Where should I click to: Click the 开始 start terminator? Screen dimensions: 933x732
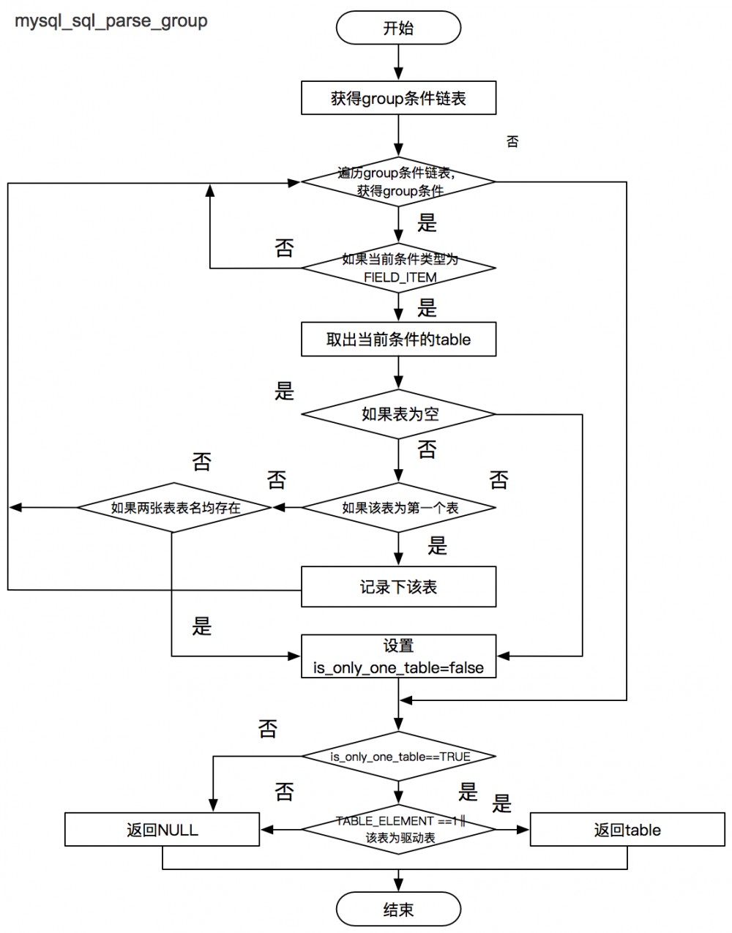tap(398, 29)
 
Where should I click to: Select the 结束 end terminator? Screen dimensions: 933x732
tap(398, 910)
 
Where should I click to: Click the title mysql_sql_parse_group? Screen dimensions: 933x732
tap(111, 20)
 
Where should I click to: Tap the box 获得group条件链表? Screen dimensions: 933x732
tap(398, 98)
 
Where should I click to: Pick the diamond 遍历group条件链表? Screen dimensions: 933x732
tap(398, 182)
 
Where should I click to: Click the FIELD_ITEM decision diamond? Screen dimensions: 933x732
tap(398, 268)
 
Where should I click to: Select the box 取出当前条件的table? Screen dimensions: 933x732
tap(398, 340)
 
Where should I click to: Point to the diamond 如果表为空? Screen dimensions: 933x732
tap(398, 414)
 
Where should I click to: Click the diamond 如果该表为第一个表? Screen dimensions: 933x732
tap(398, 507)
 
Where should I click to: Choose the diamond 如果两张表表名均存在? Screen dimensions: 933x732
tap(174, 507)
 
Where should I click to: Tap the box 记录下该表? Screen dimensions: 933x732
tap(398, 587)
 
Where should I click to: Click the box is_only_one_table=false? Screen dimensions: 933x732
tap(398, 657)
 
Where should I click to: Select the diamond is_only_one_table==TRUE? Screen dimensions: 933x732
tap(398, 756)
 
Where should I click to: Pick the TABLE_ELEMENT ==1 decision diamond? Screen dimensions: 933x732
tap(398, 829)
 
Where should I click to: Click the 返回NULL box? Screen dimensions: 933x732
tap(162, 830)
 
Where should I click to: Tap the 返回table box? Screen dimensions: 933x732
tap(627, 830)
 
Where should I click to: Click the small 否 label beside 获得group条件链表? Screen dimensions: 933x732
tap(512, 142)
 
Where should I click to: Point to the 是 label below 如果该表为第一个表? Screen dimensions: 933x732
tap(437, 545)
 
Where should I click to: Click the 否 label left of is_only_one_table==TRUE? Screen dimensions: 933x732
tap(268, 728)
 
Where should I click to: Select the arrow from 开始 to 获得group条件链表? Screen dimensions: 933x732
tap(398, 61)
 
